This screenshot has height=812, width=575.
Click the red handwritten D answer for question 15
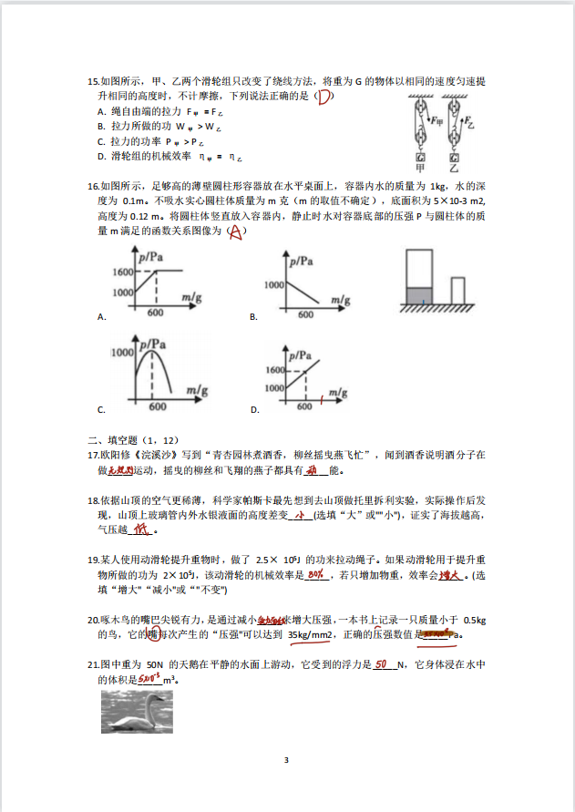tap(323, 98)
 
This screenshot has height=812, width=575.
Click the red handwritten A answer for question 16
tap(235, 232)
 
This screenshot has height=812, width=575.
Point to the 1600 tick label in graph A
tap(123, 272)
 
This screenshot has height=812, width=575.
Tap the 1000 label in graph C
tap(123, 351)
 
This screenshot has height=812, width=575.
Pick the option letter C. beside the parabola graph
tap(101, 410)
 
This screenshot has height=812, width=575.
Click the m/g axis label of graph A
tap(191, 297)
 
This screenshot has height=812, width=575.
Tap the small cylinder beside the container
tap(457, 290)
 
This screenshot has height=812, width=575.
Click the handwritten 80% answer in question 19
tap(316, 575)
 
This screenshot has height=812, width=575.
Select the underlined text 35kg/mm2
tap(311, 634)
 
